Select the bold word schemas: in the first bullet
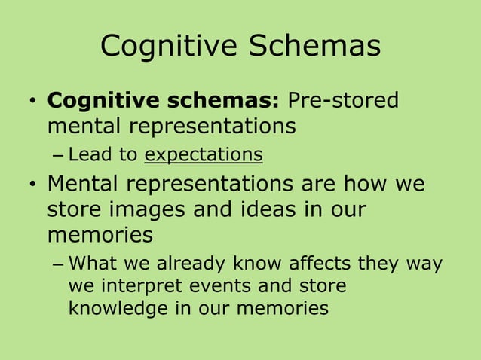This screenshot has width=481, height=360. click(x=224, y=100)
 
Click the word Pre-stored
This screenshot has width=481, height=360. click(x=345, y=100)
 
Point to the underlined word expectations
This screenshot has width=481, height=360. click(x=204, y=155)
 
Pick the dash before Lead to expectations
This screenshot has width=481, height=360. click(x=59, y=156)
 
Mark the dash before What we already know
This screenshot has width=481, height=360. click(x=59, y=265)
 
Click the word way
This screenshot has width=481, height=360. click(x=424, y=264)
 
